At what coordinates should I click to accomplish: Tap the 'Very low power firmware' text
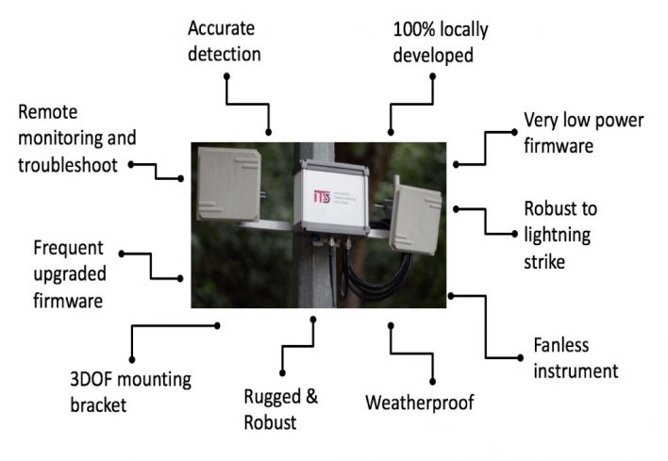[x=583, y=133]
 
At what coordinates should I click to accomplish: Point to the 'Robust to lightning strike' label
[x=559, y=235]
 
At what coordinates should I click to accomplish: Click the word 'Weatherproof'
[x=420, y=403]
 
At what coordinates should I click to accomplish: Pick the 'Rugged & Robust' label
[x=281, y=408]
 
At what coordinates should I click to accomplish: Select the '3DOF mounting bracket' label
[x=130, y=392]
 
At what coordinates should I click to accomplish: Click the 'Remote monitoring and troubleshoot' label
[x=77, y=139]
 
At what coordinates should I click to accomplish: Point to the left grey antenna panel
[x=227, y=183]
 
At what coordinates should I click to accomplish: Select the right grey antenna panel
[x=414, y=218]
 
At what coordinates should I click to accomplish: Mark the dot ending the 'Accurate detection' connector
[x=269, y=132]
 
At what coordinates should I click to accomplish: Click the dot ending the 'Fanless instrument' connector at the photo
[x=451, y=296]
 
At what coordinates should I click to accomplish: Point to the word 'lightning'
[x=558, y=235]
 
